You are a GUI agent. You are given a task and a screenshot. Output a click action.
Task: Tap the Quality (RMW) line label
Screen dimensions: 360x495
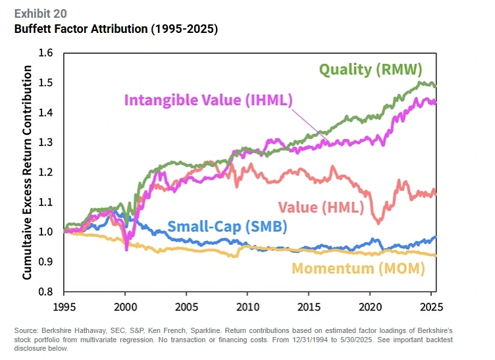click(371, 69)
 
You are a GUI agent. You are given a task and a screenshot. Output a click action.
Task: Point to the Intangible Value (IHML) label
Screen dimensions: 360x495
click(208, 101)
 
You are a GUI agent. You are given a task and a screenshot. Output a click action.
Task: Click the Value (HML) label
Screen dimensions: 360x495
click(320, 207)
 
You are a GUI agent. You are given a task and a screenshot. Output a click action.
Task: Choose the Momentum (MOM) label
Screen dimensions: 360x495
click(358, 268)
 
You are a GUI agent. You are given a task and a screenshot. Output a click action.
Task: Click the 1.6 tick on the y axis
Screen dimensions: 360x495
click(45, 53)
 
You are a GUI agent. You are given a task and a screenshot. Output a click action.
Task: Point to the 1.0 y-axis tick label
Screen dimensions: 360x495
click(45, 232)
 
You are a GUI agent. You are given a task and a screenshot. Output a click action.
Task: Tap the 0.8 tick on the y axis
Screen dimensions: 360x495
click(45, 292)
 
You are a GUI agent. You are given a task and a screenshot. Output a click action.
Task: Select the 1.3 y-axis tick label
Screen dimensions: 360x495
click(45, 143)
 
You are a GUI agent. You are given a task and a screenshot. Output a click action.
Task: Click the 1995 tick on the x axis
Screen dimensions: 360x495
click(65, 306)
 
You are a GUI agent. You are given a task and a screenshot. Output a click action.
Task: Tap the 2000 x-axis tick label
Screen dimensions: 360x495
click(126, 306)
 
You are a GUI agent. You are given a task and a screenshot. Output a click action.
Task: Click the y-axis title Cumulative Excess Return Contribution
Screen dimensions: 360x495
click(27, 172)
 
